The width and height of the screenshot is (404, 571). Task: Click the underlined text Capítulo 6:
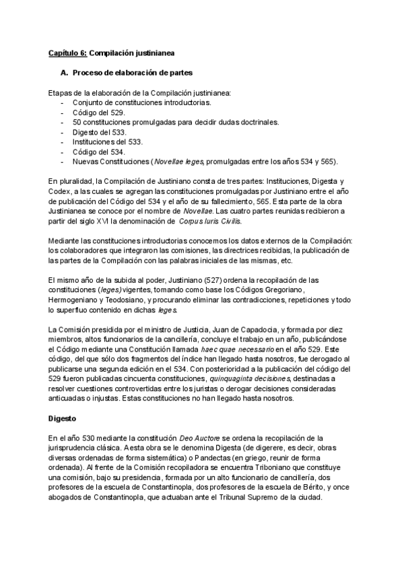[x=67, y=52]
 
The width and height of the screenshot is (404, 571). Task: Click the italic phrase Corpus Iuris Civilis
[x=210, y=221]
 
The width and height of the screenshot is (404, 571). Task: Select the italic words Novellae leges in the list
[x=179, y=162]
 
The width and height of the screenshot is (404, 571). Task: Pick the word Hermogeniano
[x=74, y=300]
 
